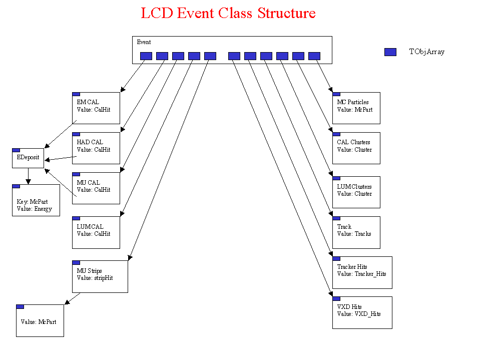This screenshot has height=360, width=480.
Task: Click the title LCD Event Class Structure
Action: point(228,13)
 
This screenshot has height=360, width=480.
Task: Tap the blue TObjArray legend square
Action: point(390,52)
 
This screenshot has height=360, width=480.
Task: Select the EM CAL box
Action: point(96,108)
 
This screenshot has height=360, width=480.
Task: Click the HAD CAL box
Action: point(96,148)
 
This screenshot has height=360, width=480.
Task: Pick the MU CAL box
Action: point(96,188)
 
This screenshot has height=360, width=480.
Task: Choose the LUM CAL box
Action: point(96,232)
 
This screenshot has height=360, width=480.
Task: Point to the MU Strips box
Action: point(100,276)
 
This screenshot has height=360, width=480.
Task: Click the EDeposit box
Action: point(28,158)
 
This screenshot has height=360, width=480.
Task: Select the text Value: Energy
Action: point(35,209)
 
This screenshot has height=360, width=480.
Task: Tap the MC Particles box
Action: point(356,108)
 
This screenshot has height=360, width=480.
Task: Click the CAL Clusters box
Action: point(356,148)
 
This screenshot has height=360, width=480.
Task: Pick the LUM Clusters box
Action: point(356,192)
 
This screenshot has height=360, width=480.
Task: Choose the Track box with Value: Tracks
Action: point(356,232)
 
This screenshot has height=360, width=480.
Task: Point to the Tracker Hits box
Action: point(362,272)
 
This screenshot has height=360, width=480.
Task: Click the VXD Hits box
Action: point(362,312)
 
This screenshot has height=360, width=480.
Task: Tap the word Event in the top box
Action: point(144,43)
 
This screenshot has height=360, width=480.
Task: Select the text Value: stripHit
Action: point(95,278)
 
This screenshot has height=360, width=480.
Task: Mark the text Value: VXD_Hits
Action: point(359,314)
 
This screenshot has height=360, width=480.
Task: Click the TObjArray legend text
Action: point(426,52)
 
